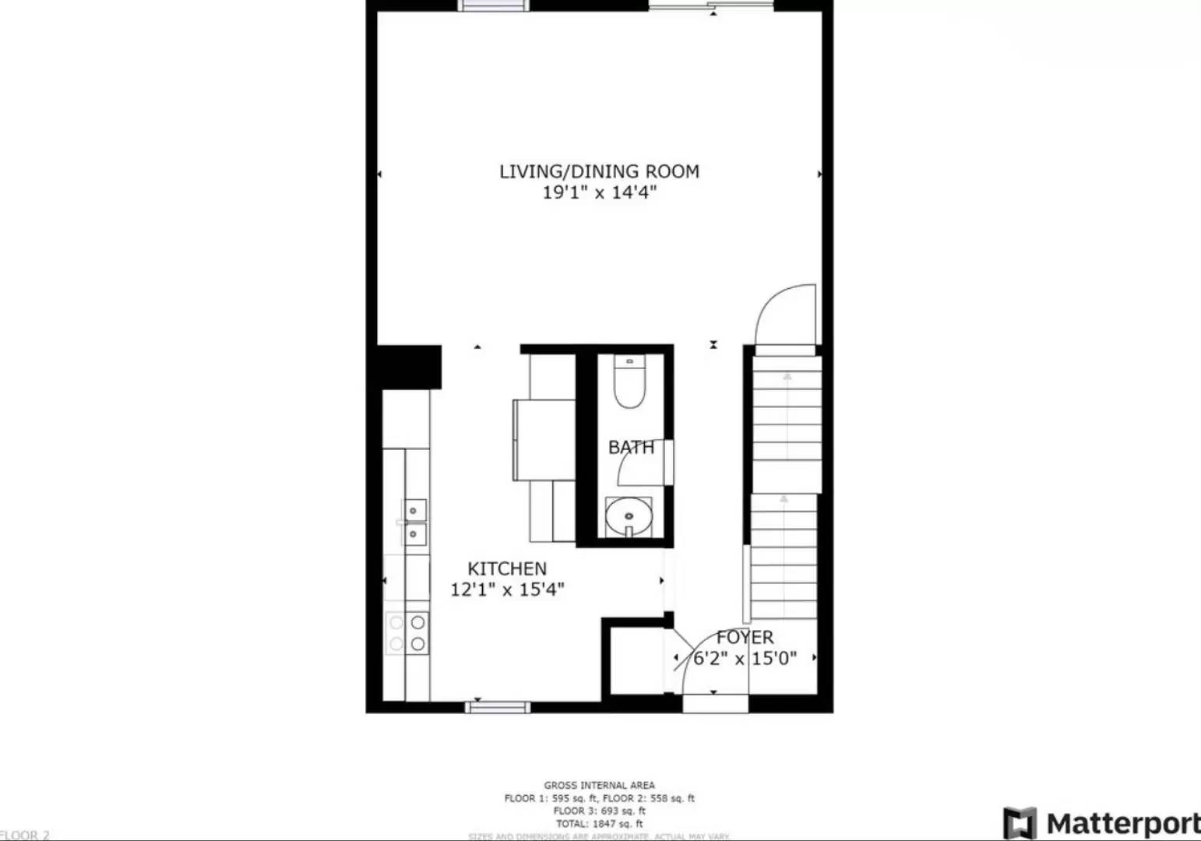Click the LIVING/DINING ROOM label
[x=599, y=171]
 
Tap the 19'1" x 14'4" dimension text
[x=599, y=192]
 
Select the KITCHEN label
[x=507, y=568]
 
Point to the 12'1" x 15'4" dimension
[x=507, y=589]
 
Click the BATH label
[x=631, y=447]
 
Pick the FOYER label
[x=745, y=638]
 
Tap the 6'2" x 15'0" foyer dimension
[x=745, y=659]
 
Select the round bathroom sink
[x=629, y=516]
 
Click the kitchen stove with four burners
[x=407, y=633]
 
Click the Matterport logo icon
[x=1020, y=823]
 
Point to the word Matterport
[x=1122, y=823]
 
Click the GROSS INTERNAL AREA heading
[x=599, y=785]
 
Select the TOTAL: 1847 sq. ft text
[x=599, y=823]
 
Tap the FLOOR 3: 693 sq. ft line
[x=599, y=811]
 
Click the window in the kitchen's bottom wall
[x=498, y=707]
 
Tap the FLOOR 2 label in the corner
[x=25, y=835]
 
